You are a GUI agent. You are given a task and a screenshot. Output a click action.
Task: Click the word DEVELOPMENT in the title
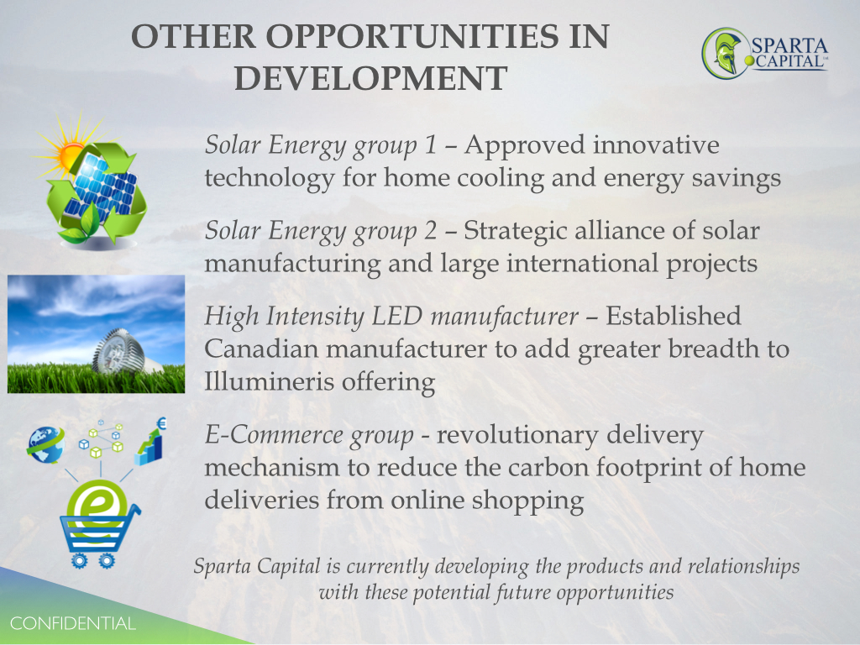coord(370,78)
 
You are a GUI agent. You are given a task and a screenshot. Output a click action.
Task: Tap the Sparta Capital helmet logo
coord(726,53)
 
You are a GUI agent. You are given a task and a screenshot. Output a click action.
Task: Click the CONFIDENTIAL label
coord(73,624)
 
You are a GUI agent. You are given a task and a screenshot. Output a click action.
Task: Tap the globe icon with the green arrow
coord(46,445)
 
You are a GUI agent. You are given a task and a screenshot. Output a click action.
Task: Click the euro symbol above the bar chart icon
coord(161,423)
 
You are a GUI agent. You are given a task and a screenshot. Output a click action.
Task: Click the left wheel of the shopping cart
coord(79,560)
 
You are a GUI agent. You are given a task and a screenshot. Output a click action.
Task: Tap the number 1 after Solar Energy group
coord(431,144)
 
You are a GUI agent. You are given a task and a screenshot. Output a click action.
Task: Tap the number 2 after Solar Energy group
coord(431,230)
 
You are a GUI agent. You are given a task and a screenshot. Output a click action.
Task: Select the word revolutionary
coord(517,436)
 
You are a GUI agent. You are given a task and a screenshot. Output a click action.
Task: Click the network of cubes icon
coord(101,438)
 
